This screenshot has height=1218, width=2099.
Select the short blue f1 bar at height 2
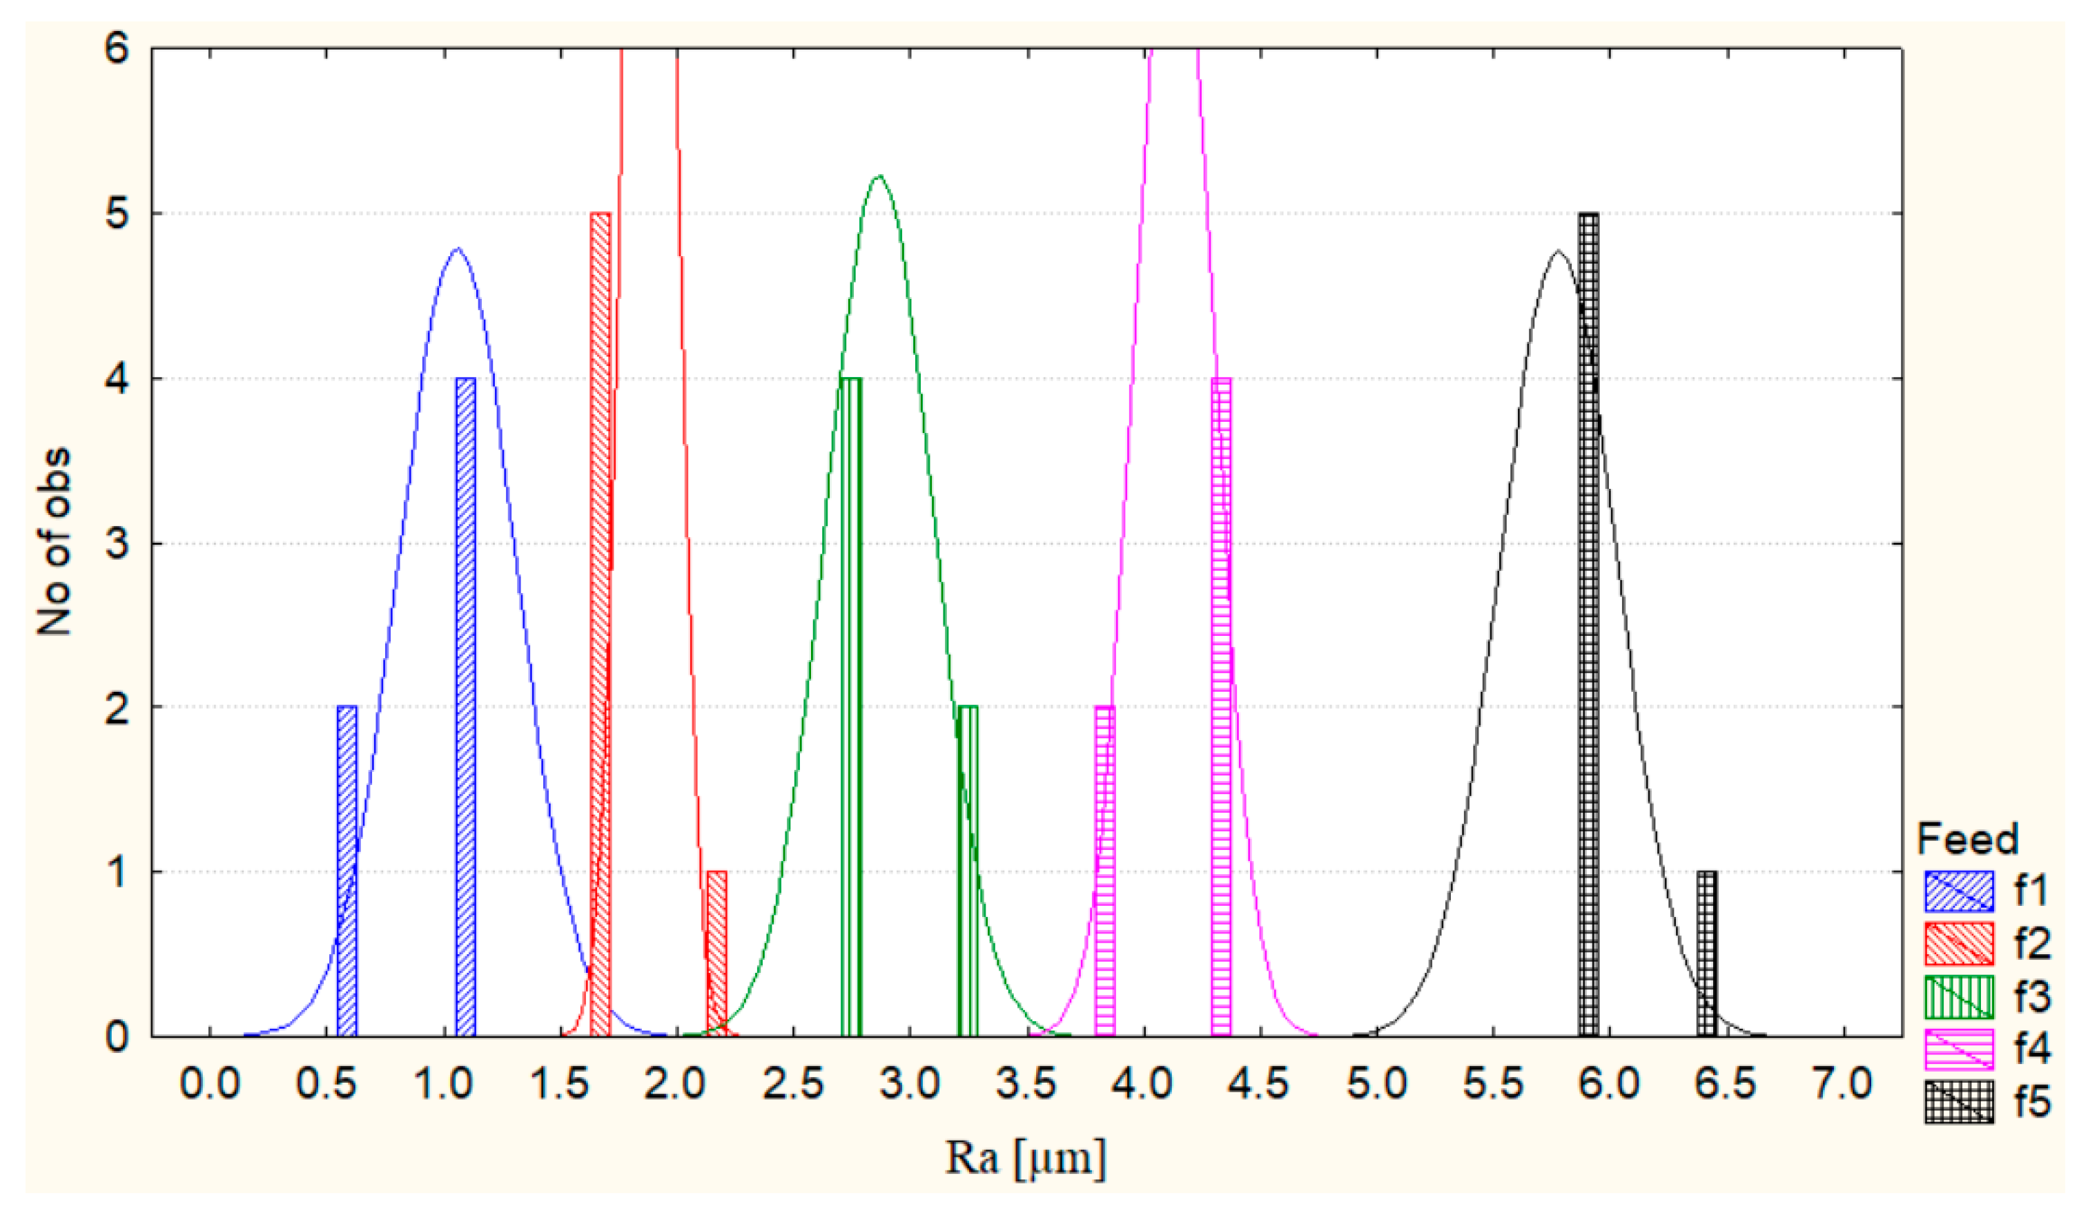click(346, 871)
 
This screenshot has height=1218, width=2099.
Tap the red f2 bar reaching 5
click(600, 625)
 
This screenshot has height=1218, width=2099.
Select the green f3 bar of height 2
click(967, 871)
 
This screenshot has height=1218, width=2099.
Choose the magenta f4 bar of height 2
click(1104, 871)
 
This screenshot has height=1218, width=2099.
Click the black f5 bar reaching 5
click(1588, 625)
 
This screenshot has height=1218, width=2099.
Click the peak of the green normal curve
click(879, 177)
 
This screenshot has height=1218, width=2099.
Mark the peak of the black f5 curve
click(1559, 251)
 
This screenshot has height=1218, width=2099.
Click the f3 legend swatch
click(1959, 997)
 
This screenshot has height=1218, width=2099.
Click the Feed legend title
click(1967, 839)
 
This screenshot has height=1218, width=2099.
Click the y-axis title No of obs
click(53, 541)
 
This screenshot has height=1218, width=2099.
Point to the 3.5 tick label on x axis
click(1026, 1085)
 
